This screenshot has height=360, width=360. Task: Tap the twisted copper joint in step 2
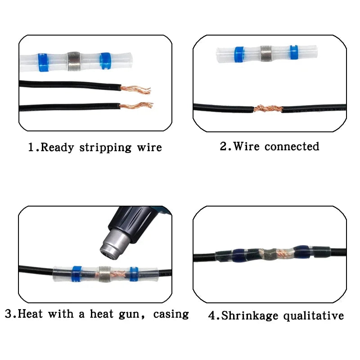click(268, 108)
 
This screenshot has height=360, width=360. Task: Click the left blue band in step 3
click(76, 273)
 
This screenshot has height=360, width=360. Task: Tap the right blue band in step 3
click(134, 273)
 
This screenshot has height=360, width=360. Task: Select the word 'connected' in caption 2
click(292, 147)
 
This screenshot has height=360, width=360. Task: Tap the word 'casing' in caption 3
click(171, 314)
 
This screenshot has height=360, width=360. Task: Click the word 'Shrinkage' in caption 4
click(249, 316)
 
